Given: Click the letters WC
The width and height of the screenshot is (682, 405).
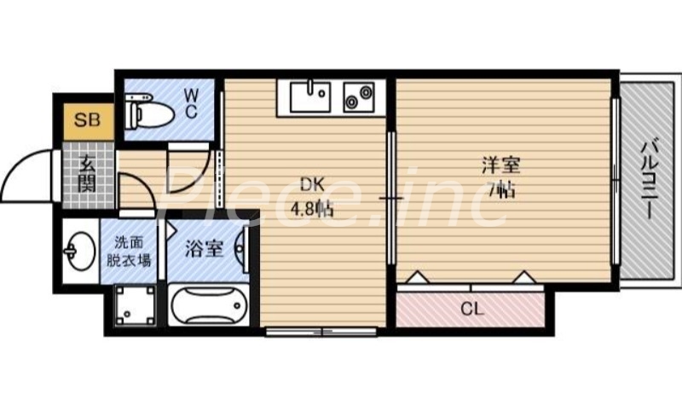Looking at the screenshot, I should pos(191,103).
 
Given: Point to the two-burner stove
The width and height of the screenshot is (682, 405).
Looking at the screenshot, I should pos(360,96).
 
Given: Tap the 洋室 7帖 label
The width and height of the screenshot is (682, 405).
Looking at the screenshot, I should pos(500,176).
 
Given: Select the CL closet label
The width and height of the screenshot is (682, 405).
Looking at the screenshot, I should pos(470,309).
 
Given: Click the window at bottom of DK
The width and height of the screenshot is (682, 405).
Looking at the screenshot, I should pos(320,330).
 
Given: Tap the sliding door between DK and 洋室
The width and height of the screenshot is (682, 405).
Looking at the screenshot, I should pos(390,198).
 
